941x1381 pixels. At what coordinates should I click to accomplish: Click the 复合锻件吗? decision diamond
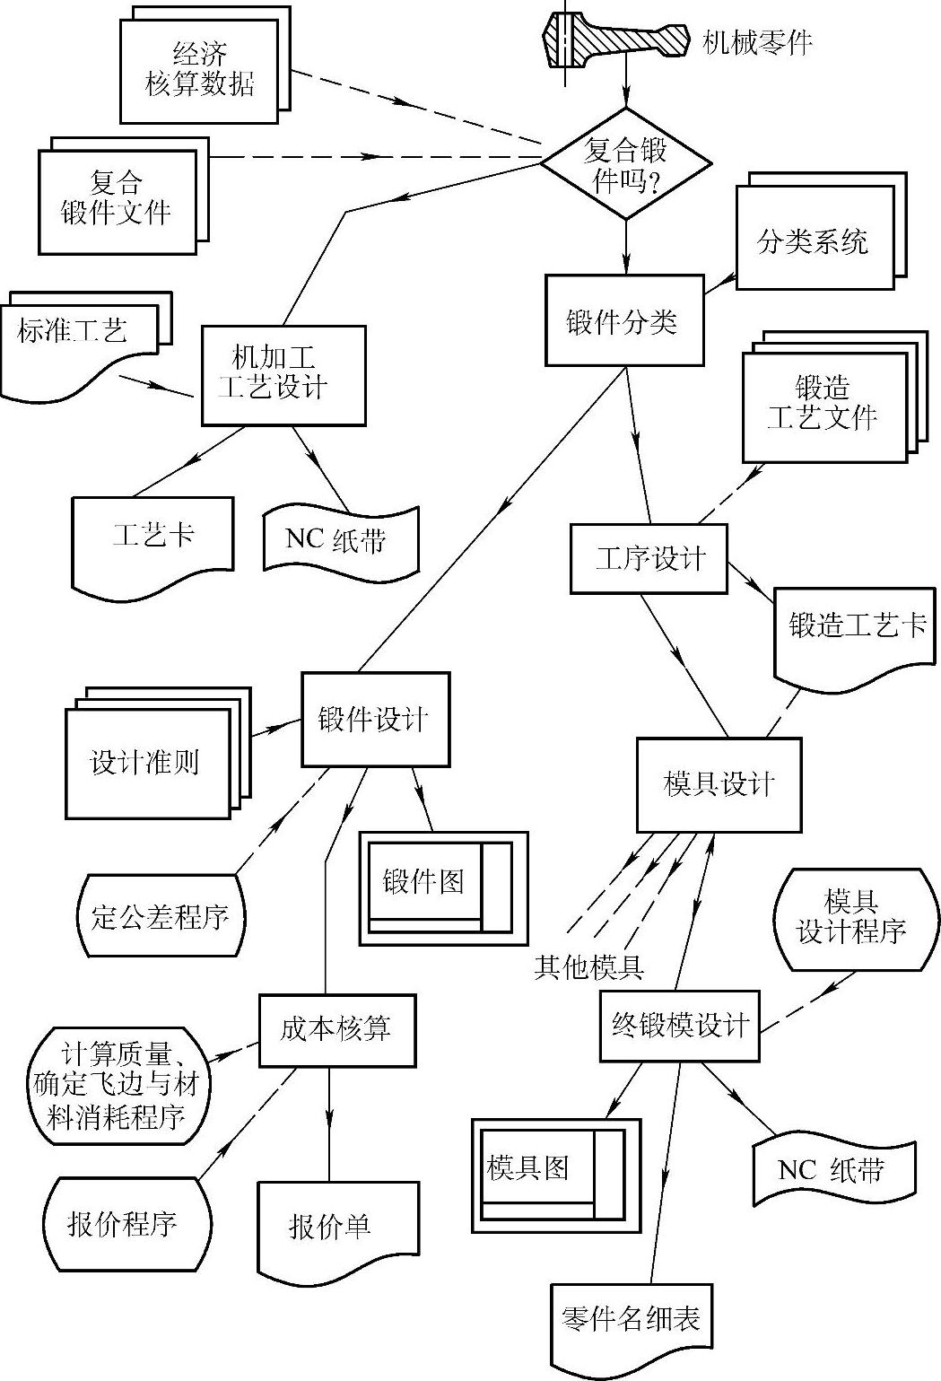pyautogui.click(x=625, y=163)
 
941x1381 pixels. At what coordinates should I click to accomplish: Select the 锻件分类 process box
pyautogui.click(x=624, y=321)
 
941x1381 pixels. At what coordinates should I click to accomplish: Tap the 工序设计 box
pyautogui.click(x=649, y=558)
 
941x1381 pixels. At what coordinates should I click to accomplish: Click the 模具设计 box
pyautogui.click(x=719, y=784)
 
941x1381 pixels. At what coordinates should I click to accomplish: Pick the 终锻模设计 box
pyautogui.click(x=679, y=1025)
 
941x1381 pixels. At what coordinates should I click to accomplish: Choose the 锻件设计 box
pyautogui.click(x=375, y=719)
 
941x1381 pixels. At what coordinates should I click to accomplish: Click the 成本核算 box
pyautogui.click(x=337, y=1030)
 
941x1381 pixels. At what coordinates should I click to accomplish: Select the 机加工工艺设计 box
pyautogui.click(x=283, y=375)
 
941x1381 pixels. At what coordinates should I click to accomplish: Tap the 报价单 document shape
pyautogui.click(x=337, y=1228)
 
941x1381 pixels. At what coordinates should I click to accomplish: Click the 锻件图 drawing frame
pyautogui.click(x=443, y=887)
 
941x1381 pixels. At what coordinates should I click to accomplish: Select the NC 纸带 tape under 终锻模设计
pyautogui.click(x=833, y=1171)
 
